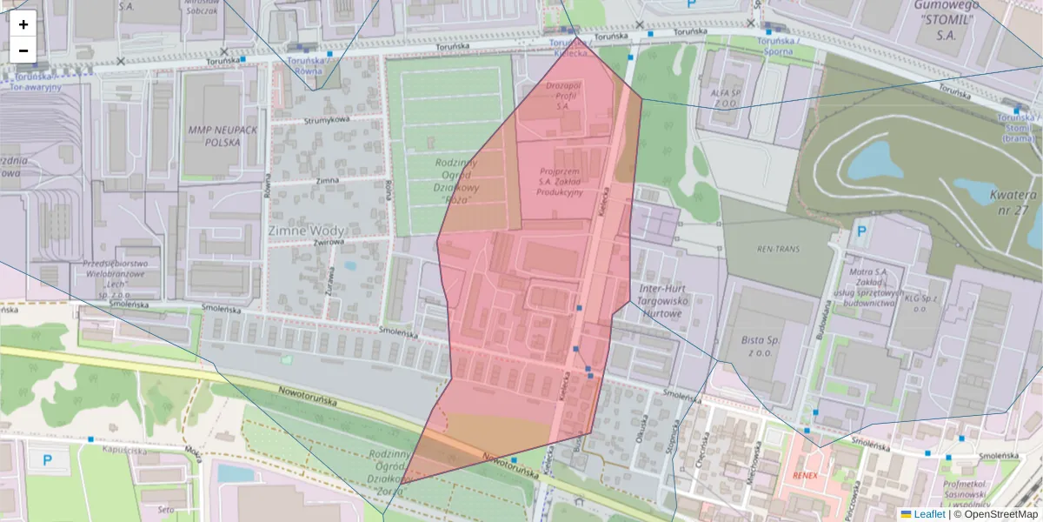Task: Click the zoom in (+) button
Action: click(23, 24)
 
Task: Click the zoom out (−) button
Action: click(23, 50)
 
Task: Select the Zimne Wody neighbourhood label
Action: click(306, 231)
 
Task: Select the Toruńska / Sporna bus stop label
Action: click(779, 45)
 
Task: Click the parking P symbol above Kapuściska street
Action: click(47, 459)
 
